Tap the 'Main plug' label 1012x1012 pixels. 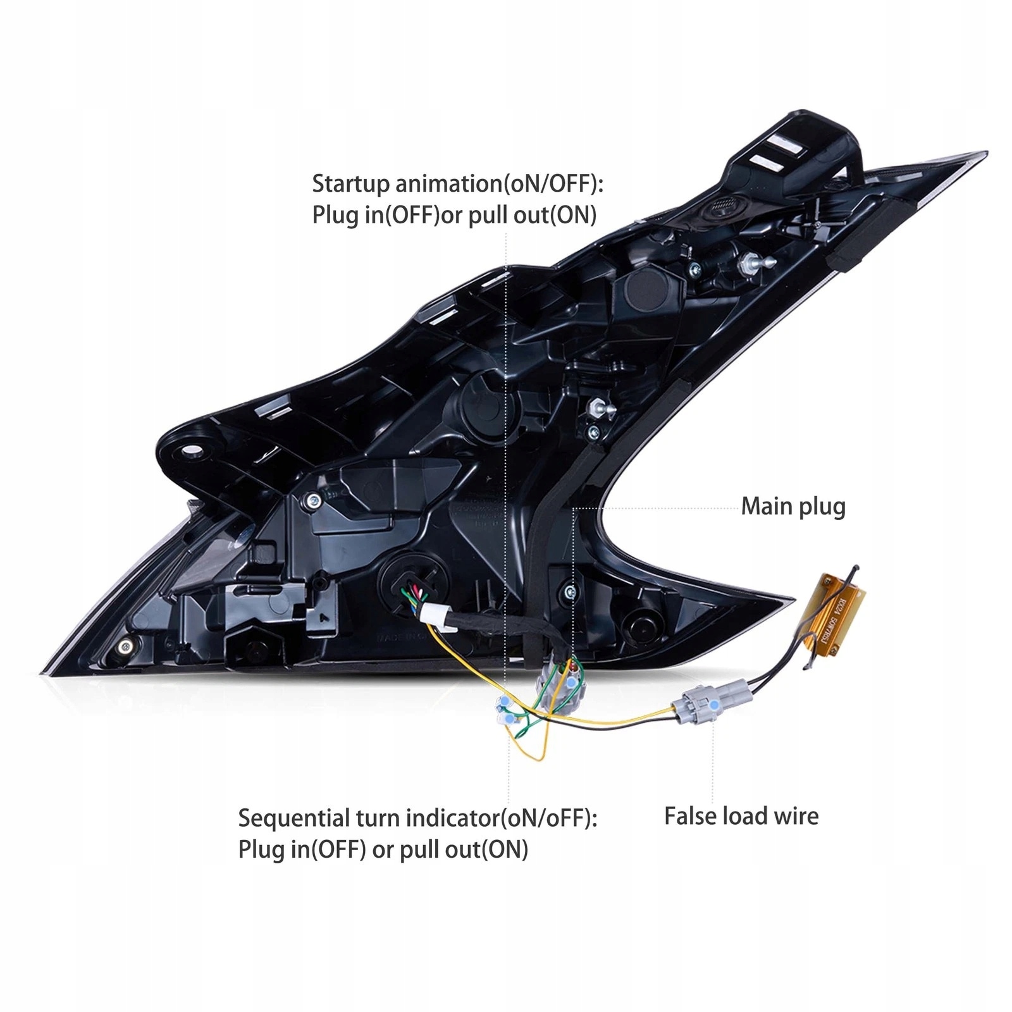tap(793, 507)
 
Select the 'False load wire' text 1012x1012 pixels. tap(741, 816)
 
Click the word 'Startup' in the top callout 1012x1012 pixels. tap(351, 183)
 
